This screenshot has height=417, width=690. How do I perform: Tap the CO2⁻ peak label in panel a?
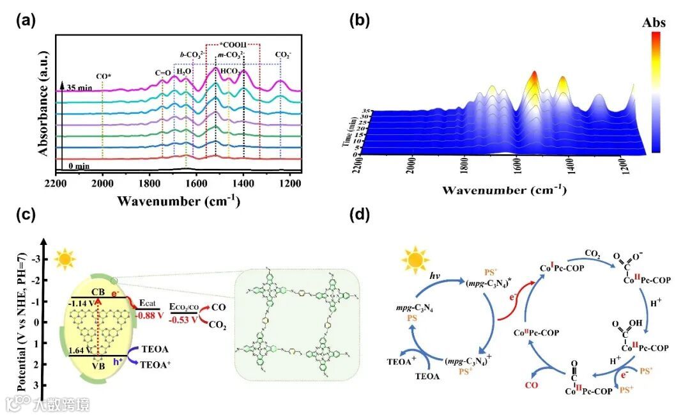282,55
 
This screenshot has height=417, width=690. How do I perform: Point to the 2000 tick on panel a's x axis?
103,184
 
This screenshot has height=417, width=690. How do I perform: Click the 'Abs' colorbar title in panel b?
654,23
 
